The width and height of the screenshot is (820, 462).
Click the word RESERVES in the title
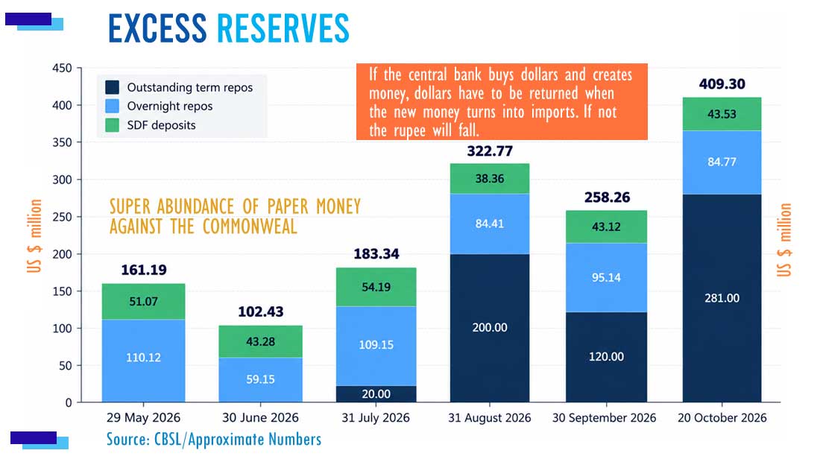coord(283,28)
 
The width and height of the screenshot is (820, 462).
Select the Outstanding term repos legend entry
coord(180,87)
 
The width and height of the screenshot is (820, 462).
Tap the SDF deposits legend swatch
coord(112,125)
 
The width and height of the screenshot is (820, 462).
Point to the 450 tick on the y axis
coord(62,68)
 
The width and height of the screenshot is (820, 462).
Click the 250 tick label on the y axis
coord(62,217)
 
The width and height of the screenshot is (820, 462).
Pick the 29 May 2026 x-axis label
coord(143,418)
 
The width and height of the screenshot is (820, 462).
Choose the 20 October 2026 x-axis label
coord(722,418)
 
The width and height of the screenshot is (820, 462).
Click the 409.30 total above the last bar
coord(722,83)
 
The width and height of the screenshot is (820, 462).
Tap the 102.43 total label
coord(260,311)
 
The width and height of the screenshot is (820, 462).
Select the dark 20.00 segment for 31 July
coord(376,394)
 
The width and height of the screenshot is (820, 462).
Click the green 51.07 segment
coord(143,302)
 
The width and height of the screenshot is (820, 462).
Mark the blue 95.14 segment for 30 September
coord(606,277)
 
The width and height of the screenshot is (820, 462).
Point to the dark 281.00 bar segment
coord(722,298)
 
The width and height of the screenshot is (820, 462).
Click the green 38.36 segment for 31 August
coord(490,179)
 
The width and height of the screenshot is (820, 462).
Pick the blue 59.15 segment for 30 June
coord(260,380)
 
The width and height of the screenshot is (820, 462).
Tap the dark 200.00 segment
coord(490,328)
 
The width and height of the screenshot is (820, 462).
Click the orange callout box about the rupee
coord(502,102)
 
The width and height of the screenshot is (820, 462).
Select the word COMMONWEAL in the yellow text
coord(250,227)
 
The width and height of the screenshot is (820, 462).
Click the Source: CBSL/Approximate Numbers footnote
coord(214,439)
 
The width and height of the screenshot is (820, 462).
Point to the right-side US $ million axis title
coord(784,240)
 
